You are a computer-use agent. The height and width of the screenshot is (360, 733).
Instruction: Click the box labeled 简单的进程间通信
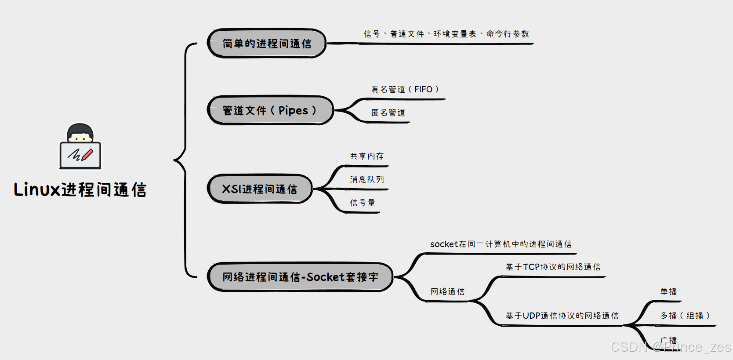pos(267,44)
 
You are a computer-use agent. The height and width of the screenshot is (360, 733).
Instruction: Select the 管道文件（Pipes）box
pos(270,110)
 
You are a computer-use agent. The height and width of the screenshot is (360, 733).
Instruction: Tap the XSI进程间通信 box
pos(259,189)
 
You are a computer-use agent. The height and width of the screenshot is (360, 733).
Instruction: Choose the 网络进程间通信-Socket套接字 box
pos(300,277)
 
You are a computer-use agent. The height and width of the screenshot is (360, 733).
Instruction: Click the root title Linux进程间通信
pos(80,190)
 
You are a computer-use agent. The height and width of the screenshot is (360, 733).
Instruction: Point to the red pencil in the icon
pos(87,155)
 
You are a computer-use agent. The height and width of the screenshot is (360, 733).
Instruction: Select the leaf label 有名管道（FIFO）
pos(405,90)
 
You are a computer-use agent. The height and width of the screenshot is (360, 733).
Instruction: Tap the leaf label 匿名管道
pos(388,113)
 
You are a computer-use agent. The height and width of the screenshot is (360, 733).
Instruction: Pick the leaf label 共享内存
pos(367,156)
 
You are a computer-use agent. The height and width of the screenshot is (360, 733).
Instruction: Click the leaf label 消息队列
pos(367,179)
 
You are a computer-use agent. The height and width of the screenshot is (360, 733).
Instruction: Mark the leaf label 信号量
pos(363,203)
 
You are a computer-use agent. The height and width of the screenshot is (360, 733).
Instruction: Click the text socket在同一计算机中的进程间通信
pos(501,244)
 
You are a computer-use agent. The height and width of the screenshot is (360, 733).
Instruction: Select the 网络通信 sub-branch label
pos(447,291)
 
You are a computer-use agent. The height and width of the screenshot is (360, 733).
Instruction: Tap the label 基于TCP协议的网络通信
pos(553,267)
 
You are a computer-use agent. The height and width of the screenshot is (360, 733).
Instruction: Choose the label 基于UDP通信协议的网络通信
pos(562,316)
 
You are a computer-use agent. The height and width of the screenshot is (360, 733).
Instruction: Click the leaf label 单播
pos(668,291)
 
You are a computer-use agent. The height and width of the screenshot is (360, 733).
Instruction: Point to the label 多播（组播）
pos(685,316)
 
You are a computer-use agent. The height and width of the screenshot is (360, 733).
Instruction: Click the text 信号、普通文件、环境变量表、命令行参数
pos(446,34)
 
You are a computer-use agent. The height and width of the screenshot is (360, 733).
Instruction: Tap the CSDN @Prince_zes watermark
pos(671,347)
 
